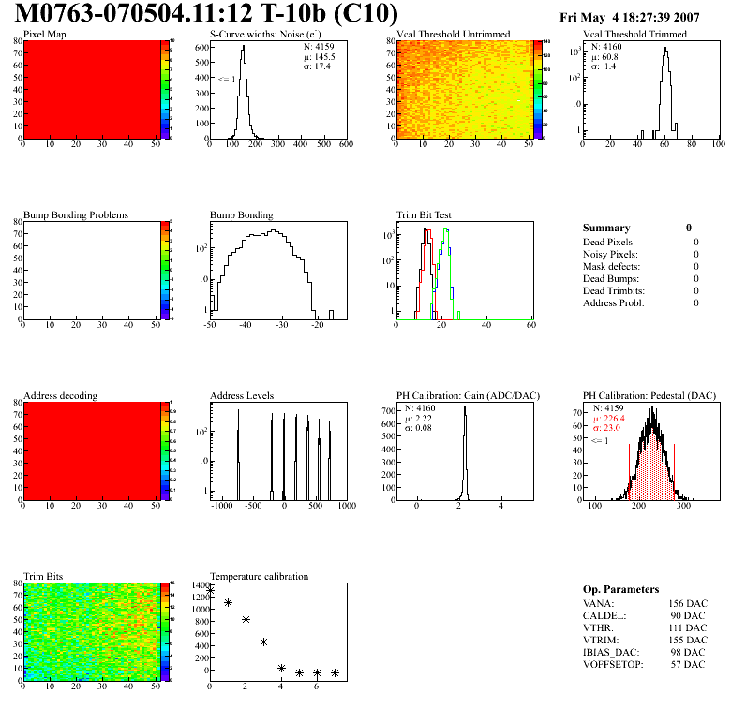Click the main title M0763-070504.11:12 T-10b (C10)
[x=207, y=14]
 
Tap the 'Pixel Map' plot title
[x=44, y=35]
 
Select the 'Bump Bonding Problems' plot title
[x=76, y=215]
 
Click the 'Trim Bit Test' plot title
[x=425, y=215]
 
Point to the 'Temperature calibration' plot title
[x=260, y=576]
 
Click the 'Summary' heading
[x=606, y=228]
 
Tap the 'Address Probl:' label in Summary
[x=614, y=302]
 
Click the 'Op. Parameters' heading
[x=620, y=589]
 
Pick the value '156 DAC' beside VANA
[x=688, y=603]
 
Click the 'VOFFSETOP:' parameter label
[x=612, y=664]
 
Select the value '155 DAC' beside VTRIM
[x=688, y=640]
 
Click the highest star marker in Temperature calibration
[x=211, y=590]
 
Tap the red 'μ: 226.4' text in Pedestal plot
[x=613, y=420]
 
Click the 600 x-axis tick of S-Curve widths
[x=345, y=145]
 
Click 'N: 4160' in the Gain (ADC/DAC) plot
[x=421, y=408]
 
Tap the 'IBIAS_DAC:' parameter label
[x=610, y=652]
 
